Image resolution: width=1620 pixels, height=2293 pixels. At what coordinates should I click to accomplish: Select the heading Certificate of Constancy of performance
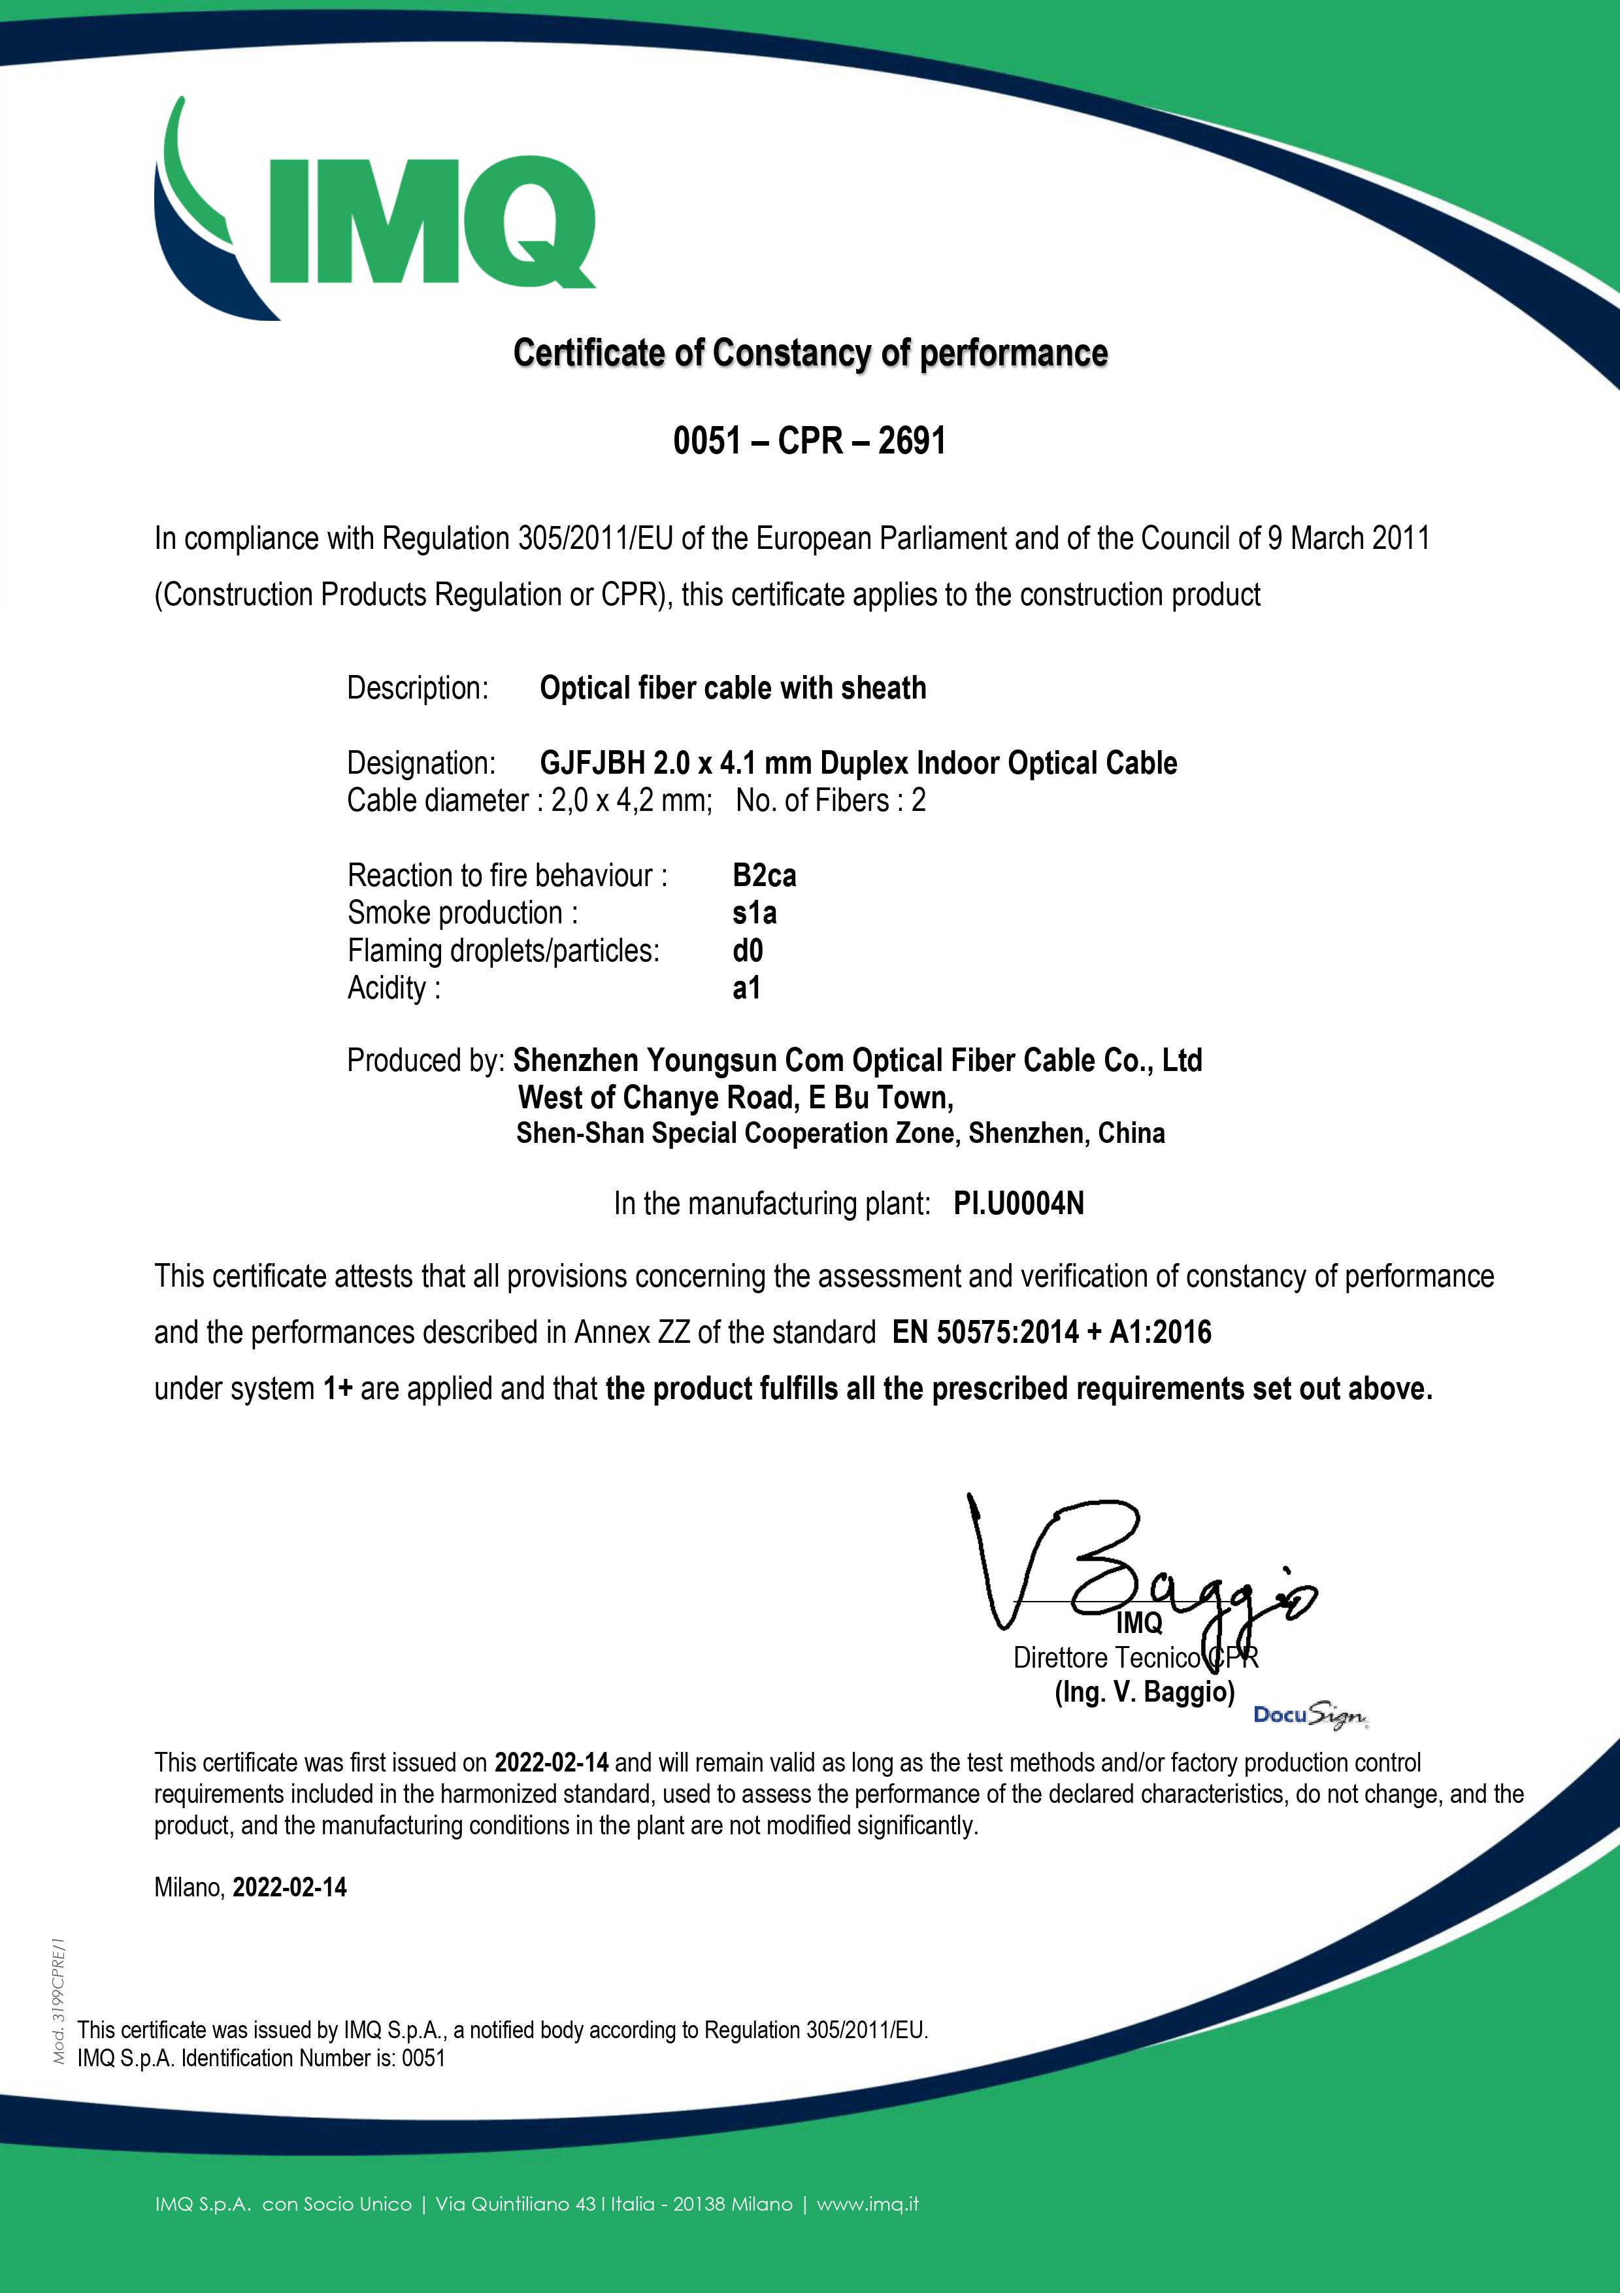810,354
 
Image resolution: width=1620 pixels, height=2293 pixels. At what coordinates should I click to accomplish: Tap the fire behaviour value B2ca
764,876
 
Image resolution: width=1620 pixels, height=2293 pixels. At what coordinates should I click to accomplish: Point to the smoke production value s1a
754,913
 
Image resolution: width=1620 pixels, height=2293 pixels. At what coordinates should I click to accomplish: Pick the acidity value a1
746,987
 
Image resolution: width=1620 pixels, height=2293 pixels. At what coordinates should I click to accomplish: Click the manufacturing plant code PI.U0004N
1017,1204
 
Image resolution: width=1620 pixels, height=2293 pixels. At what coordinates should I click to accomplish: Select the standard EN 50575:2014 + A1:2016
1051,1332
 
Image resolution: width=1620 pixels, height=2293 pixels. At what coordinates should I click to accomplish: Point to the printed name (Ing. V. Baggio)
1145,1692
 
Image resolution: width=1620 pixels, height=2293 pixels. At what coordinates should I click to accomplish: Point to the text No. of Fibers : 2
830,801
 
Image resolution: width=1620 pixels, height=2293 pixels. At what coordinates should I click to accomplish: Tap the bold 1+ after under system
338,1389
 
